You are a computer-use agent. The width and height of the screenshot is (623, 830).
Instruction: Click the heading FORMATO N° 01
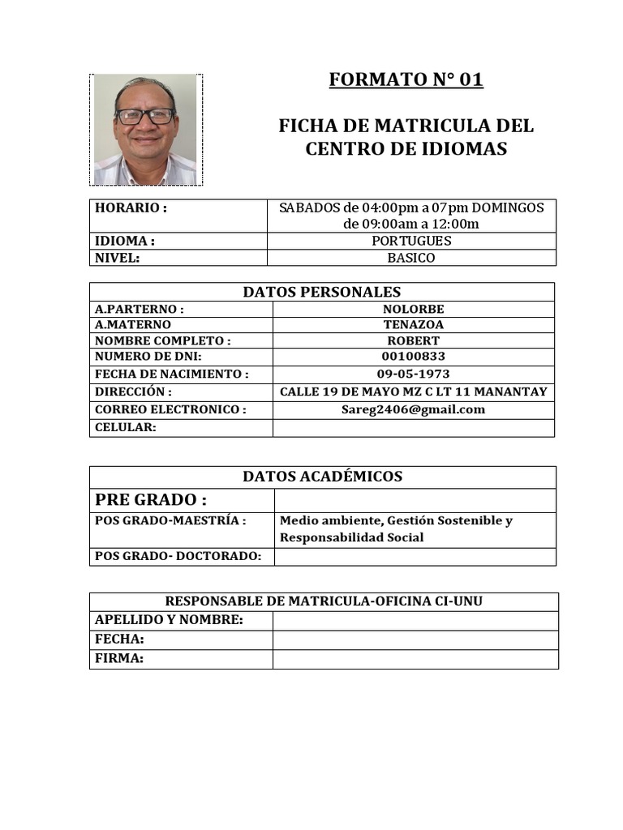[406, 79]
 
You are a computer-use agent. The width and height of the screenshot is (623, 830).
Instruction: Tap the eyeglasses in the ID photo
[145, 116]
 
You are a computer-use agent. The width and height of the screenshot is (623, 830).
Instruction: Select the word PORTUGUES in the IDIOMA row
[411, 241]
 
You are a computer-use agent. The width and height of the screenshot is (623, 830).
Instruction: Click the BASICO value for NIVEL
[411, 258]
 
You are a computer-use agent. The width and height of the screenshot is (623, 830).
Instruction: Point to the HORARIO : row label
[131, 207]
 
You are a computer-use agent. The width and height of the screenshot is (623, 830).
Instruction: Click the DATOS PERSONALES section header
[322, 292]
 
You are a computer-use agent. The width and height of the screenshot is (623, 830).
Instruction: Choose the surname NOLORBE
[413, 309]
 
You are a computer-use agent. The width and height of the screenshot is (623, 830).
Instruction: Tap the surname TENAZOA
[413, 325]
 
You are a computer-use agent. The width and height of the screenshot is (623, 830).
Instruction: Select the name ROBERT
[413, 341]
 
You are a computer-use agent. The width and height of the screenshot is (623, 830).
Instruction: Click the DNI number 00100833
[413, 357]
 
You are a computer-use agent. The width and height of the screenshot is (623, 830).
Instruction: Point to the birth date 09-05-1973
[413, 374]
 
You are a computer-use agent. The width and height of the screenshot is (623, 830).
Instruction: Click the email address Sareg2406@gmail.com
[413, 409]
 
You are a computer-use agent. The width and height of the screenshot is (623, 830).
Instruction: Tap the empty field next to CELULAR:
[413, 427]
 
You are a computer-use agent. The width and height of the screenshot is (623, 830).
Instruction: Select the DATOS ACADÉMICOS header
[322, 477]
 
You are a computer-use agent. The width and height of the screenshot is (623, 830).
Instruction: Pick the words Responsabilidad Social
[351, 537]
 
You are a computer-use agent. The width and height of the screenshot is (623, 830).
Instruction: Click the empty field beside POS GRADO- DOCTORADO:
[415, 556]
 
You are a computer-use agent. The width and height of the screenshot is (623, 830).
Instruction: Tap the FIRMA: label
[119, 659]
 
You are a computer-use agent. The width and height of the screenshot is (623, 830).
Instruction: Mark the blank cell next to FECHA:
[415, 640]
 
